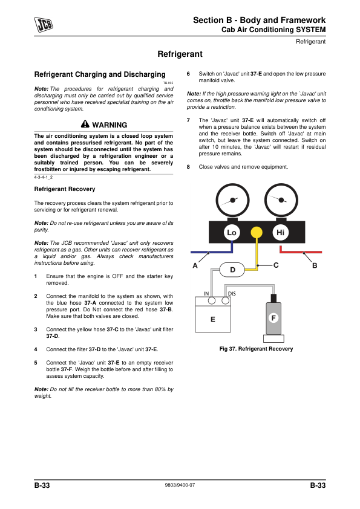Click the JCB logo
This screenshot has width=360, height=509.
click(44, 25)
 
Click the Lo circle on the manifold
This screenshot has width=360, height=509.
click(232, 232)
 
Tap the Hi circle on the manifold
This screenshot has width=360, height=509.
click(280, 232)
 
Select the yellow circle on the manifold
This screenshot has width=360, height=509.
click(257, 232)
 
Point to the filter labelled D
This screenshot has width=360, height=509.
click(232, 270)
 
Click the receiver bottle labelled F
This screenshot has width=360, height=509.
click(273, 319)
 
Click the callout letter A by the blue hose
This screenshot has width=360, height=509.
click(195, 265)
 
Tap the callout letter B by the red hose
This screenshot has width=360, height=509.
click(315, 265)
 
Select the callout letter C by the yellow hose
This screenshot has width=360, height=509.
click(276, 265)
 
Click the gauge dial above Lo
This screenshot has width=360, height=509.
click(232, 200)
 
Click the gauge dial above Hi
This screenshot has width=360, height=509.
click(281, 200)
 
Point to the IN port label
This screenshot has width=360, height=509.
click(206, 294)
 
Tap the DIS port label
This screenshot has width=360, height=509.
click(232, 294)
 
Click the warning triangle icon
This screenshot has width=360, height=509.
click(85, 124)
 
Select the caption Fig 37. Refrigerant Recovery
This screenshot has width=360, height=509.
click(256, 349)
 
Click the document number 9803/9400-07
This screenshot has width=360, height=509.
click(180, 485)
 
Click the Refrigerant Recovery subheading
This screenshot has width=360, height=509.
click(65, 189)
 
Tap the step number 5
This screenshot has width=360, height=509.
click(36, 363)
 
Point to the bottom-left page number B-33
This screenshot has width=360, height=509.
click(42, 485)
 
